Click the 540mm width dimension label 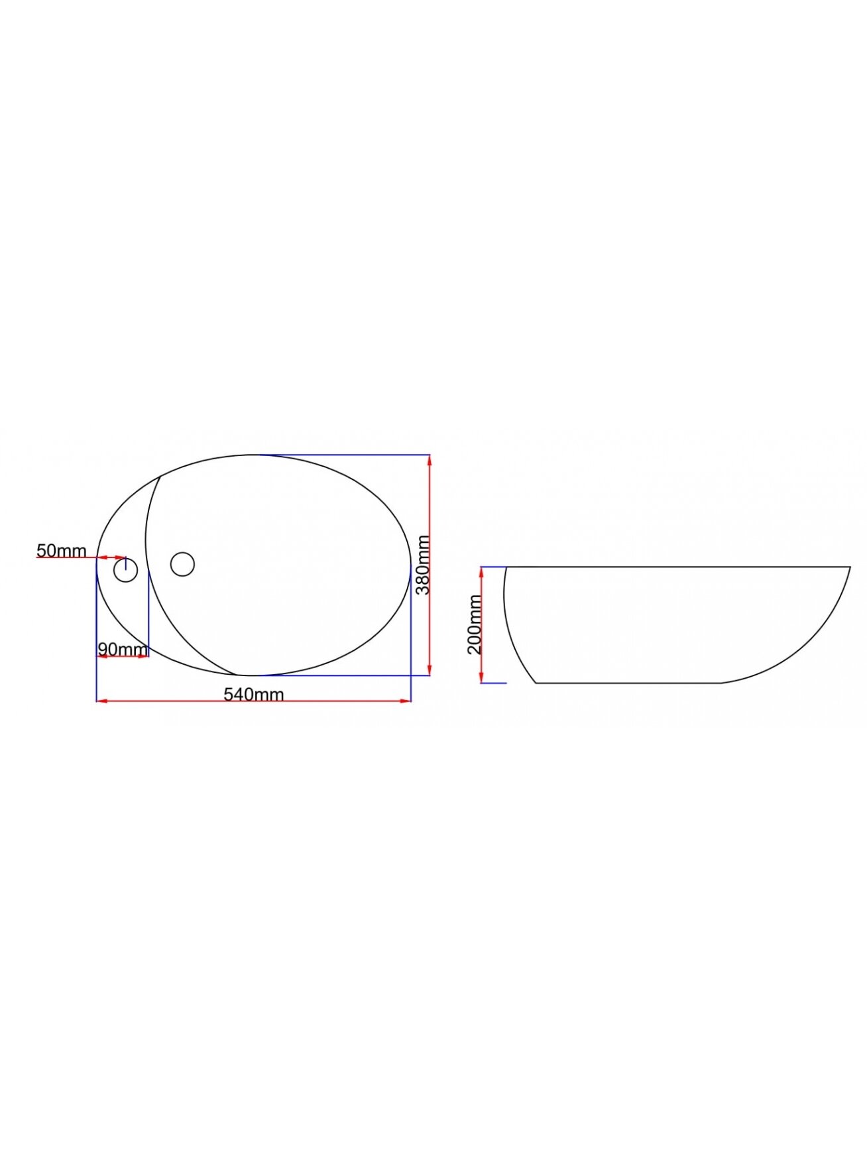click(253, 694)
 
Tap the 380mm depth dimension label click(422, 565)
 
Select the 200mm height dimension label click(475, 624)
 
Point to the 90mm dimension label click(122, 648)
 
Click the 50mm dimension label click(61, 550)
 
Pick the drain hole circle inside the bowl click(182, 564)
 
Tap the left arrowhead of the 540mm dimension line click(101, 701)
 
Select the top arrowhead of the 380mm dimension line click(430, 460)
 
